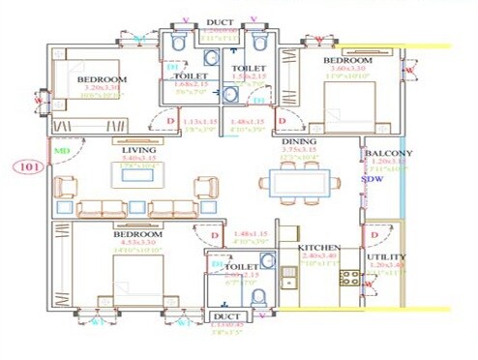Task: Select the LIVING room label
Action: coord(139,151)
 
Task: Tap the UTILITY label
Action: coord(387,257)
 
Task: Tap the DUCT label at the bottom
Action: coord(224,316)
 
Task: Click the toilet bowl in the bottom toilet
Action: coord(257,295)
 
